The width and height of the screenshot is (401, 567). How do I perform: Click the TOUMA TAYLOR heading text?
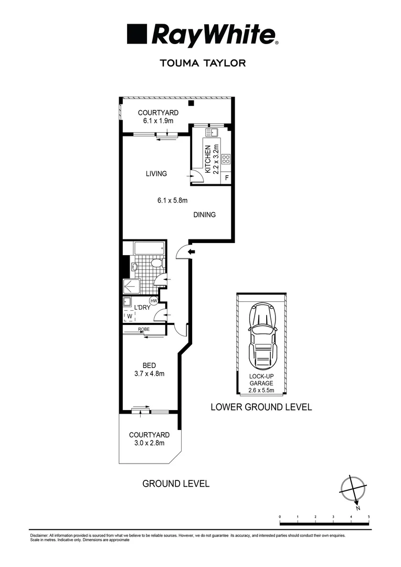202,63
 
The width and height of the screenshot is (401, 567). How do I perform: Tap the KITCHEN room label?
208,160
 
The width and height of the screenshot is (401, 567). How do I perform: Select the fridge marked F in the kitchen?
227,178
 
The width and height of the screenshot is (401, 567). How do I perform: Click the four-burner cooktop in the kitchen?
226,159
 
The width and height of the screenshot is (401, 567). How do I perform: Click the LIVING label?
156,174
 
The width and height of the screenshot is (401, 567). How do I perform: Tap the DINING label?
204,215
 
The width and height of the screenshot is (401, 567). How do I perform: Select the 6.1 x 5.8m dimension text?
173,200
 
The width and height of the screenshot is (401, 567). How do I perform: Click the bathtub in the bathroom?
149,248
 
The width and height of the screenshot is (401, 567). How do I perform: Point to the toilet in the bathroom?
156,262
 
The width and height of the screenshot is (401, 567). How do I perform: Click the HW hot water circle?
154,301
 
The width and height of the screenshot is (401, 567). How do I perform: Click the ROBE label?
144,329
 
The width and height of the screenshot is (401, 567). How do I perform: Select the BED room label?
150,365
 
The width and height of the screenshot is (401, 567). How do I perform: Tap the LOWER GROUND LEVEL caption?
261,407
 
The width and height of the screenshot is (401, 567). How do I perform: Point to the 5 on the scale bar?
369,517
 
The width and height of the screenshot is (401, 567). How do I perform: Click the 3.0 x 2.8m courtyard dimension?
150,443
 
